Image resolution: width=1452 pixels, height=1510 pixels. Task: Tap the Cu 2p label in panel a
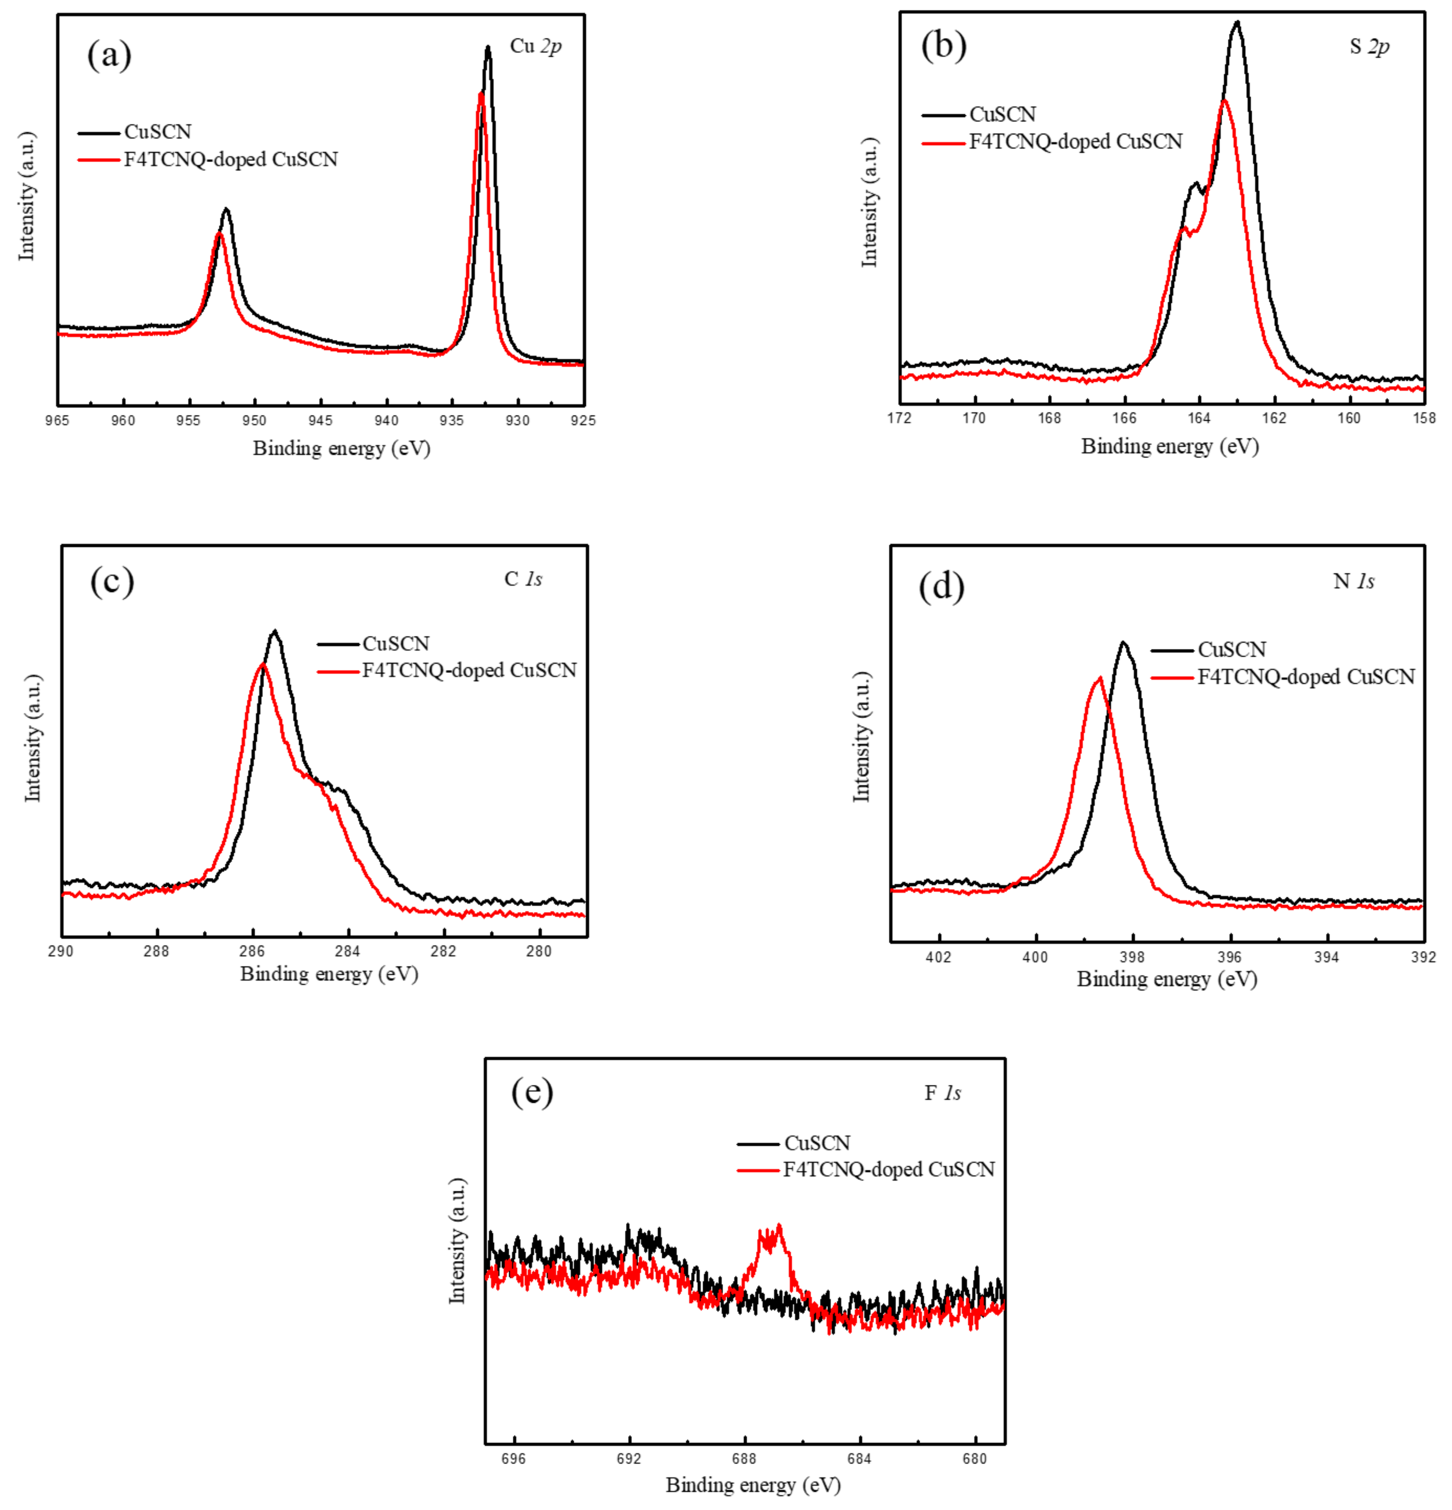click(x=536, y=46)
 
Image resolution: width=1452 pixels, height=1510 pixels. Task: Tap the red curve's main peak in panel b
click(x=1224, y=101)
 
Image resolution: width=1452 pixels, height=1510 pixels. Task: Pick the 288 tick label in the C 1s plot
click(x=156, y=951)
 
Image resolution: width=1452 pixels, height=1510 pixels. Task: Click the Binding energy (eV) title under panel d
click(x=1167, y=979)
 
